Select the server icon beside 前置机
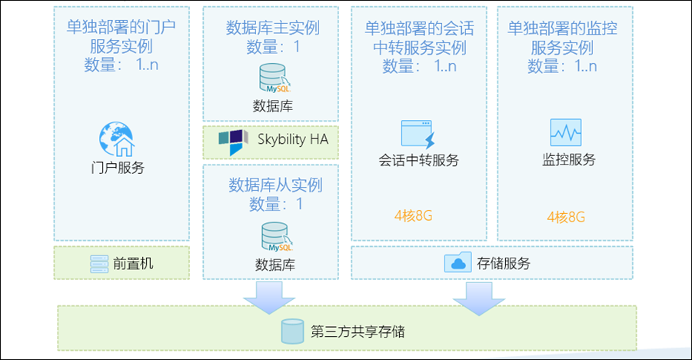[x=98, y=264]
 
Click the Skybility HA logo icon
[x=231, y=141]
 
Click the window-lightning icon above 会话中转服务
[x=418, y=135]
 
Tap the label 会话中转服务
[x=419, y=161]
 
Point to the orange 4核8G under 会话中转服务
[x=414, y=216]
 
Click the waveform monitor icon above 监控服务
[x=565, y=133]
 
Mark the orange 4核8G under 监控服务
[x=567, y=218]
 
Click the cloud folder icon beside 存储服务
[x=458, y=263]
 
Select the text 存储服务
[x=504, y=264]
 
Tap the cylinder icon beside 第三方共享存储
[x=292, y=332]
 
